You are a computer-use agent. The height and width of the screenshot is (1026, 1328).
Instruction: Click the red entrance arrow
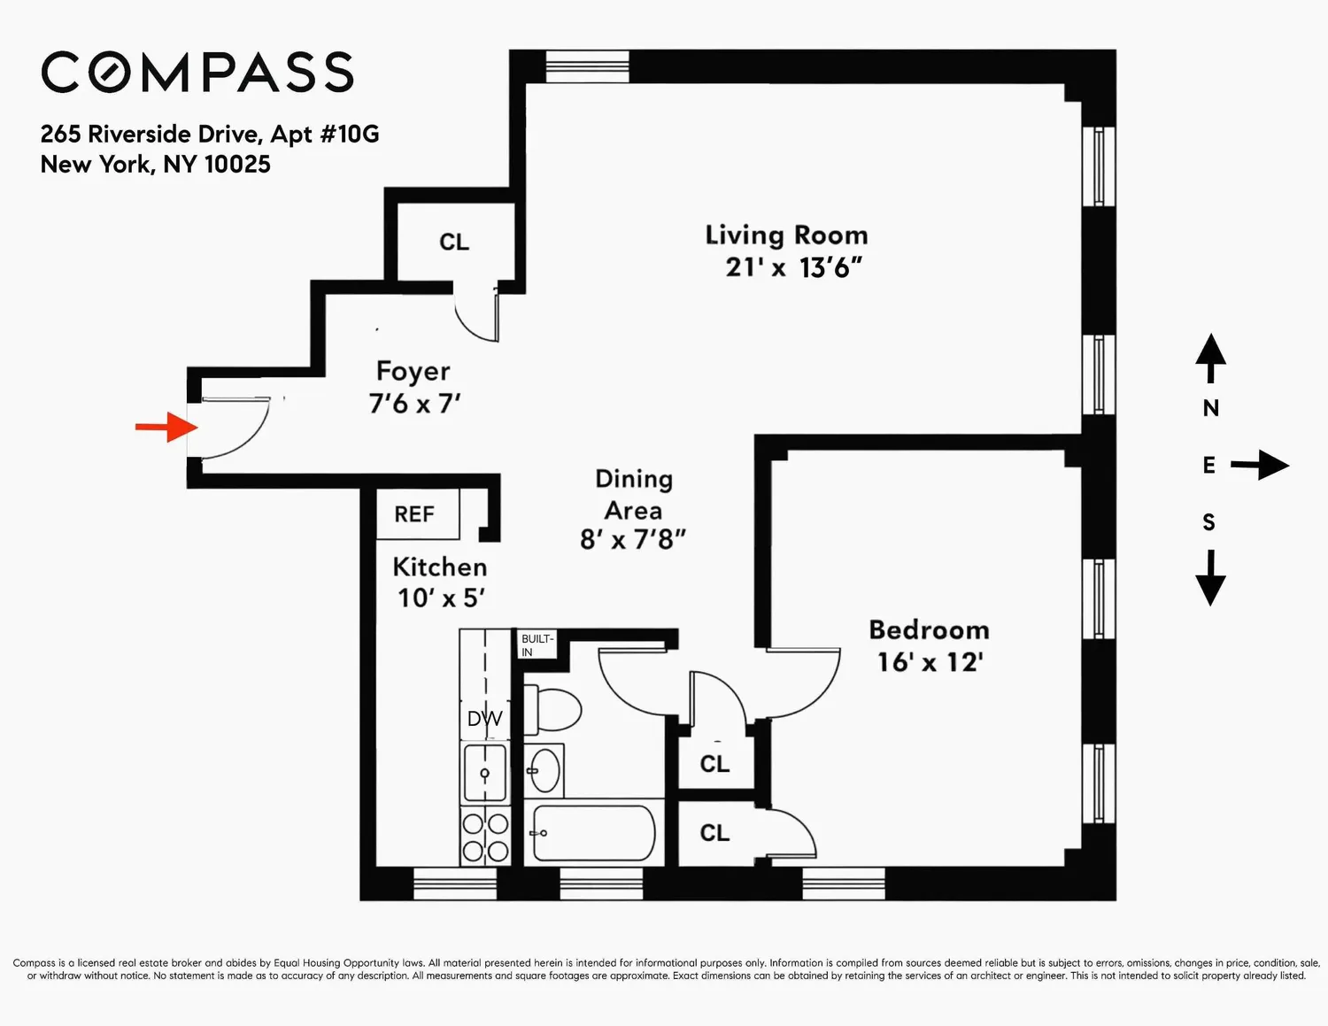pyautogui.click(x=166, y=427)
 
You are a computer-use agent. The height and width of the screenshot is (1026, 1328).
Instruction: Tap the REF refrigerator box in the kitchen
pyautogui.click(x=417, y=514)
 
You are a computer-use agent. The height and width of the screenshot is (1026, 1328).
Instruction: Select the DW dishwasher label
pyautogui.click(x=484, y=719)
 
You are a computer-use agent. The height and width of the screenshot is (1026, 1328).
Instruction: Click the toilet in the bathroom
pyautogui.click(x=552, y=710)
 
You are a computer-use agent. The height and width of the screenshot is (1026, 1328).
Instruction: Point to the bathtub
pyautogui.click(x=594, y=833)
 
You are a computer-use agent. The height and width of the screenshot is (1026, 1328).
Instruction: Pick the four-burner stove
pyautogui.click(x=485, y=837)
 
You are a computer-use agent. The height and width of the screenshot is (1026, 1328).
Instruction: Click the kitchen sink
pyautogui.click(x=485, y=773)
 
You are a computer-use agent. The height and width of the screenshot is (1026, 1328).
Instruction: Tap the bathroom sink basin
pyautogui.click(x=544, y=770)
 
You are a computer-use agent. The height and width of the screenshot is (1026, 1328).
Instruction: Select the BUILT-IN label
pyautogui.click(x=537, y=645)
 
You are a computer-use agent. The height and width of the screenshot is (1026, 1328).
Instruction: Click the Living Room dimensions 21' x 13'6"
pyautogui.click(x=793, y=267)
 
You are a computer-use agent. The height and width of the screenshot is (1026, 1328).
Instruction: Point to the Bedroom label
pyautogui.click(x=929, y=630)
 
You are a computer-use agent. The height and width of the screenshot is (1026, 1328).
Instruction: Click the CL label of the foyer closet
pyautogui.click(x=454, y=242)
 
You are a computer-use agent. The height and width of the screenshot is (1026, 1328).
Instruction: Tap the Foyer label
pyautogui.click(x=413, y=372)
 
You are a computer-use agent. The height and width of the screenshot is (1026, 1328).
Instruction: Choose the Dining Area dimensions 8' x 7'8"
pyautogui.click(x=632, y=540)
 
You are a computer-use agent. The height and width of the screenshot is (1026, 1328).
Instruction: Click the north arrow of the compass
pyautogui.click(x=1210, y=359)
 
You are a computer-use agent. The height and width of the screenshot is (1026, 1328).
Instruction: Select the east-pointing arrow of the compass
pyautogui.click(x=1260, y=466)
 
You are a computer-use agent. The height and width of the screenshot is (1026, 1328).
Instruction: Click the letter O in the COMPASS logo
pyautogui.click(x=111, y=72)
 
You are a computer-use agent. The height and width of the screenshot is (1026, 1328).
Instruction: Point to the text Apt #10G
pyautogui.click(x=325, y=134)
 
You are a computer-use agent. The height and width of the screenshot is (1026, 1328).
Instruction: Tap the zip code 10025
pyautogui.click(x=237, y=165)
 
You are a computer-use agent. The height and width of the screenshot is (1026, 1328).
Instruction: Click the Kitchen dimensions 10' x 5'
pyautogui.click(x=441, y=598)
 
